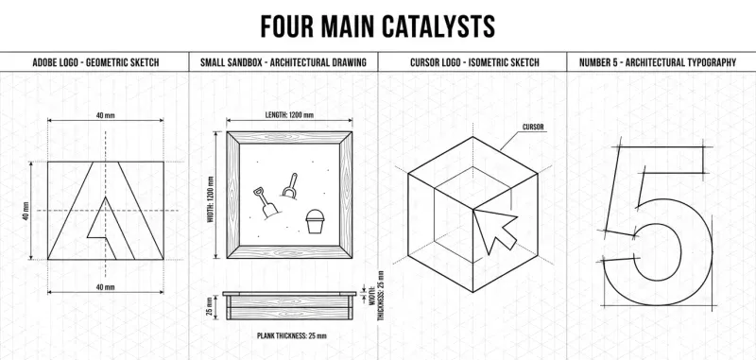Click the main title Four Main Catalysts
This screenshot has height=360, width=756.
pyautogui.click(x=377, y=26)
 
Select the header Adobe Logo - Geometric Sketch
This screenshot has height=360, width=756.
pyautogui.click(x=95, y=62)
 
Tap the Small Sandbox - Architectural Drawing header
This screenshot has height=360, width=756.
pyautogui.click(x=283, y=62)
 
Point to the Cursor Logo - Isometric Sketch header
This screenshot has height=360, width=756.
pyautogui.click(x=474, y=62)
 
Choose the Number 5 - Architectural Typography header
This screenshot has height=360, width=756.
pyautogui.click(x=658, y=62)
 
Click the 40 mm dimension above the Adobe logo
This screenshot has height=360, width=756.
pyautogui.click(x=106, y=115)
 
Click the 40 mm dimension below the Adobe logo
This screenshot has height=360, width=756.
pyautogui.click(x=106, y=287)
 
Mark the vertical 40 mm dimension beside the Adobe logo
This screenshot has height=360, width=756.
pyautogui.click(x=26, y=211)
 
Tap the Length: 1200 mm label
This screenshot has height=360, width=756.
pyautogui.click(x=289, y=115)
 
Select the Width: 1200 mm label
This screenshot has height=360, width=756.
pyautogui.click(x=210, y=199)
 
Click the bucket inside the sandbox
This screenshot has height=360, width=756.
pyautogui.click(x=315, y=221)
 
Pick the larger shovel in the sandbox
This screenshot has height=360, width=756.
pyautogui.click(x=266, y=202)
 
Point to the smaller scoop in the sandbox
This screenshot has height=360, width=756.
pyautogui.click(x=290, y=186)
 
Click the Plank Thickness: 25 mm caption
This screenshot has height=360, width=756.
pyautogui.click(x=292, y=335)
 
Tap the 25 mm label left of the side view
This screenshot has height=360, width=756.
pyautogui.click(x=209, y=307)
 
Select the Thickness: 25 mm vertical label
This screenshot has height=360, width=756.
pyautogui.click(x=381, y=296)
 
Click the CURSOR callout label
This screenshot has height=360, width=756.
pyautogui.click(x=533, y=128)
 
